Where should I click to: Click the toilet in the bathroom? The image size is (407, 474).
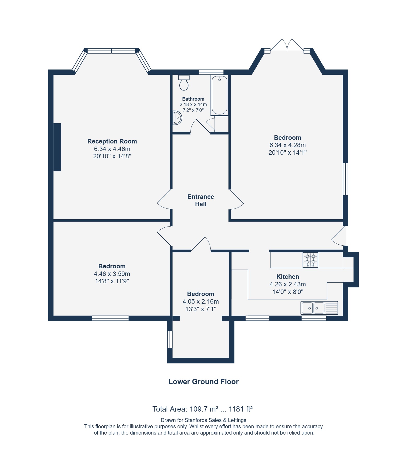[x=184, y=83]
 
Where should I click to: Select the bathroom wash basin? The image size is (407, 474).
[x=177, y=118]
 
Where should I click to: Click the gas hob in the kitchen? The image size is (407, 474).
[x=310, y=260]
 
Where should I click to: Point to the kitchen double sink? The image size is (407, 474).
[x=319, y=308]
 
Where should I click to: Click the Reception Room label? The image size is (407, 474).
[x=112, y=141]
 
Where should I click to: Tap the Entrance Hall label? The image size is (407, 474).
[x=200, y=200]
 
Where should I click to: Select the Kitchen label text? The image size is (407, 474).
[x=288, y=277]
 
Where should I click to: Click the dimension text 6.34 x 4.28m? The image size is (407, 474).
[x=287, y=145]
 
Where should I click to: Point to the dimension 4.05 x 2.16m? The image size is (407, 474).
[x=200, y=302]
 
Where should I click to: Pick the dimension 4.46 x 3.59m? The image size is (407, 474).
[x=112, y=274]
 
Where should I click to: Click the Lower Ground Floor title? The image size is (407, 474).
[x=203, y=382]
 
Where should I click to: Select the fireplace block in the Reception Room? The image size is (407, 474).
[x=57, y=147]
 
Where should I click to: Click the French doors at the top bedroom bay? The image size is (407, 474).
[x=287, y=45]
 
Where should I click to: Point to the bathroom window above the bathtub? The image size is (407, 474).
[x=211, y=72]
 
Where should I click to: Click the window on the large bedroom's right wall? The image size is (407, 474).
[x=345, y=179]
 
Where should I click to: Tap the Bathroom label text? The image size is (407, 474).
[x=193, y=99]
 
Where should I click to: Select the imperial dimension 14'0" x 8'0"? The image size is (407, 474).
[x=288, y=292]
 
